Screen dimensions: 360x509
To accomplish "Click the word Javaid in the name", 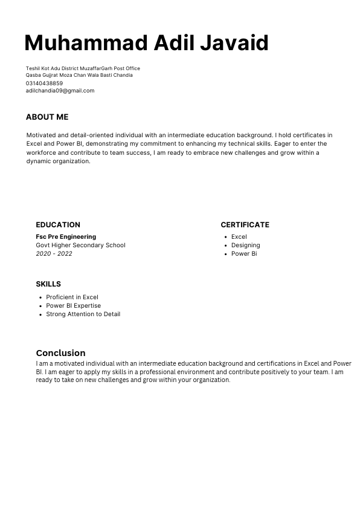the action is [x=234, y=43].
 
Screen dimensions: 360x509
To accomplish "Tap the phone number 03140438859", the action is [x=44, y=83].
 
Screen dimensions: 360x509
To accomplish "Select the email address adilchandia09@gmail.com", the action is [x=60, y=91].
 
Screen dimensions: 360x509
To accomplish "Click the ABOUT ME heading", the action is [x=47, y=117].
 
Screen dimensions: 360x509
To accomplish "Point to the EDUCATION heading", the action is [x=58, y=225].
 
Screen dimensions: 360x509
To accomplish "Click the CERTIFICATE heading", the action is [x=245, y=225].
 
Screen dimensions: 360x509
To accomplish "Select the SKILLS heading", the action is [x=48, y=284].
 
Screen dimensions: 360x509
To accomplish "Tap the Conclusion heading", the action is [x=60, y=353].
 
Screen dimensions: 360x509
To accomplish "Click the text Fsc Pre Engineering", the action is [x=66, y=237].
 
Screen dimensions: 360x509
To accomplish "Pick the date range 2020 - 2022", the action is [x=54, y=254].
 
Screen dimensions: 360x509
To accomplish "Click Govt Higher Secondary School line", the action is [x=80, y=245].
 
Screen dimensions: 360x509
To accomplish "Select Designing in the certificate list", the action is [x=245, y=245].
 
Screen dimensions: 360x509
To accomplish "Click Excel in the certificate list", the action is [x=239, y=237].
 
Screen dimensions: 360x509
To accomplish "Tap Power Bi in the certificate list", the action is [x=244, y=254].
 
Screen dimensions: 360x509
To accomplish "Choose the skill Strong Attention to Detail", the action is [x=83, y=314].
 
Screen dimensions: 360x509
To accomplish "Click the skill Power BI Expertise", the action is [x=73, y=306].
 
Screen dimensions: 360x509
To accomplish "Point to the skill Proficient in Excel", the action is [x=72, y=297].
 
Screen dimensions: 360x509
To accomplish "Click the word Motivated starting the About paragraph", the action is [x=40, y=135].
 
